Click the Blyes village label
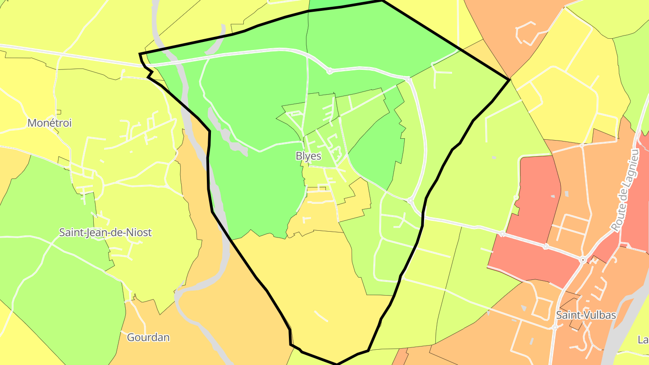[308, 156]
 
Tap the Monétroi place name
[50, 123]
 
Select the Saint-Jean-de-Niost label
[105, 233]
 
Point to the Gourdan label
[148, 337]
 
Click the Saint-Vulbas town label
[586, 315]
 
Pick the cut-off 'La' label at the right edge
[643, 339]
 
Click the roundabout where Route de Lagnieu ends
[583, 260]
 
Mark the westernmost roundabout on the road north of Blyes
[329, 71]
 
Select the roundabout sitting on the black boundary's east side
[410, 200]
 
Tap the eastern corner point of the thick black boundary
[510, 80]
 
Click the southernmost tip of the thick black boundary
[337, 364]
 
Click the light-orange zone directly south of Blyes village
[315, 214]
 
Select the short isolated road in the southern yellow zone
[321, 316]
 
